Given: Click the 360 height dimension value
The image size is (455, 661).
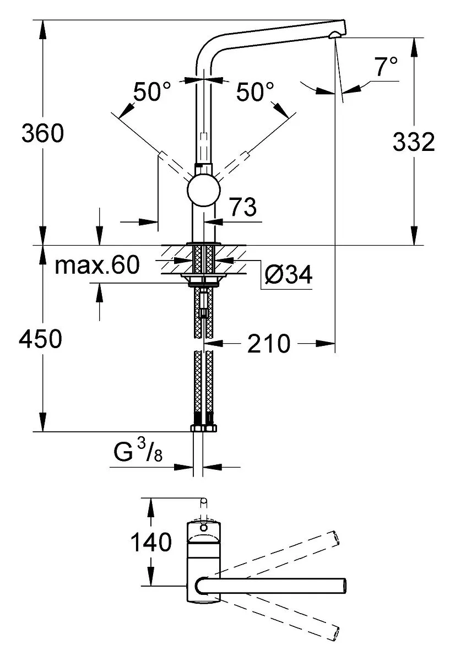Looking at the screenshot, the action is (x=43, y=133).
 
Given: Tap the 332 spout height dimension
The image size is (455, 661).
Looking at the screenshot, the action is (x=414, y=142).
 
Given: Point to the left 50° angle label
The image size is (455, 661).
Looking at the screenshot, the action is (x=152, y=91).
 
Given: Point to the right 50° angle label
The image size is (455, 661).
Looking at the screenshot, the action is (x=255, y=91).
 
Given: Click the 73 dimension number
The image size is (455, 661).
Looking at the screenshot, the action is (x=243, y=207).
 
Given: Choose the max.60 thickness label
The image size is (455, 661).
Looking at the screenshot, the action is (x=97, y=265).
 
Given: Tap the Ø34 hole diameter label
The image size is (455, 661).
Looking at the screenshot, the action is (x=288, y=275).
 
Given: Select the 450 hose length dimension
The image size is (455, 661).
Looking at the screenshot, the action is (x=40, y=339).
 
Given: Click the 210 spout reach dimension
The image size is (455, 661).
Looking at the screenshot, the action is (x=269, y=344).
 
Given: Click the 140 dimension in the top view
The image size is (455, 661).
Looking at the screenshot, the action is (x=151, y=542).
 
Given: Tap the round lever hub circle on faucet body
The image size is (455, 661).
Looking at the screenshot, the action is (x=204, y=190).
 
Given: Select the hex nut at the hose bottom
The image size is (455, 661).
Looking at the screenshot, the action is (x=204, y=429).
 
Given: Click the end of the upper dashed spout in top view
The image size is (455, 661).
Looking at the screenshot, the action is (x=336, y=538).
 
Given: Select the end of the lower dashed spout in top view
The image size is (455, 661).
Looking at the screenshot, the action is (x=335, y=632).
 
